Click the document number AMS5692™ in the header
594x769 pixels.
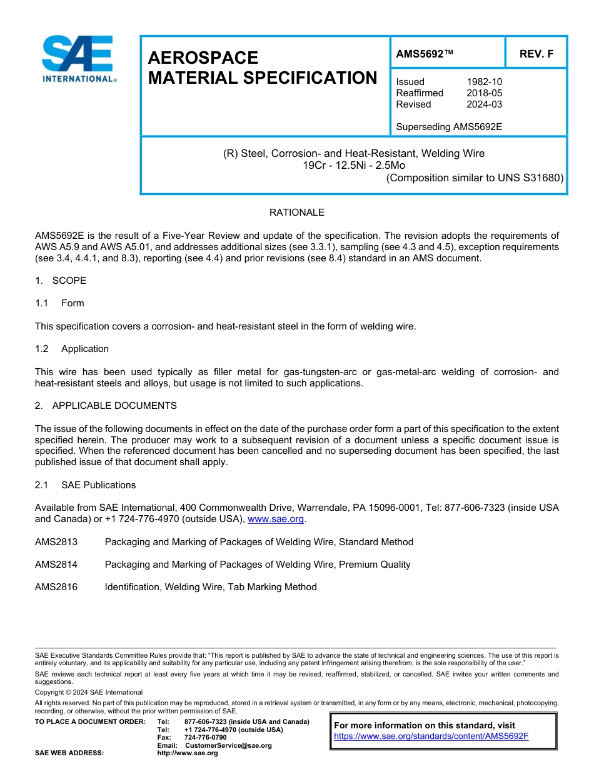(x=425, y=54)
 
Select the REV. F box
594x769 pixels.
(x=536, y=54)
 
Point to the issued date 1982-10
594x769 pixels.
(x=484, y=82)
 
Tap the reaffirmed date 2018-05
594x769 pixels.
(x=484, y=93)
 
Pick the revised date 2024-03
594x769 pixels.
(x=484, y=104)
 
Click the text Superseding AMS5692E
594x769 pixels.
(x=449, y=127)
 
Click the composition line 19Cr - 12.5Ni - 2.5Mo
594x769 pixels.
(x=353, y=165)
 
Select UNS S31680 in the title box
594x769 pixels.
(x=530, y=178)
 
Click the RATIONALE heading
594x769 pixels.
(x=296, y=213)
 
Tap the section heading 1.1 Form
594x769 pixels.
(x=60, y=303)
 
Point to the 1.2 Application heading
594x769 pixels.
(x=72, y=349)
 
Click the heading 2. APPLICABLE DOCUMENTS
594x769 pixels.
(x=106, y=406)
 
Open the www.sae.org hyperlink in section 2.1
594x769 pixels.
(x=276, y=519)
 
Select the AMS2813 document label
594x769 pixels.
(x=56, y=542)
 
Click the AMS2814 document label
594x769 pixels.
(x=56, y=565)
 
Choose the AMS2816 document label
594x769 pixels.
(x=56, y=587)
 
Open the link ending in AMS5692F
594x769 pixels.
(x=431, y=736)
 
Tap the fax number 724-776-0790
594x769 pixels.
(x=196, y=738)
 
